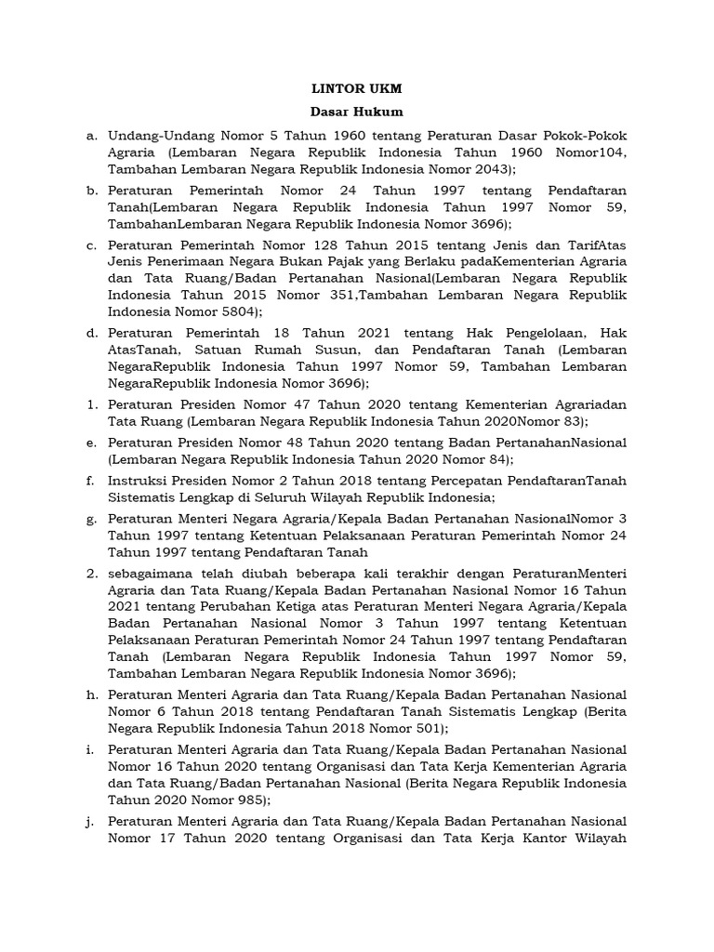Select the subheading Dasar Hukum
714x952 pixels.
click(357, 112)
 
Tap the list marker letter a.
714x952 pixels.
click(91, 136)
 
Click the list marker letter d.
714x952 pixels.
click(91, 332)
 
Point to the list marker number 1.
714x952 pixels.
click(91, 405)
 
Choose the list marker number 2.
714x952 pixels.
click(91, 573)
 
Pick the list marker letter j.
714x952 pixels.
click(91, 821)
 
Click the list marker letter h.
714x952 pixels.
click(91, 694)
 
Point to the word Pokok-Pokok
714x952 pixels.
click(588, 136)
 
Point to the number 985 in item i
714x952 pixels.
click(248, 799)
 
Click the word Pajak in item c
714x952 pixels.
click(293, 261)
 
